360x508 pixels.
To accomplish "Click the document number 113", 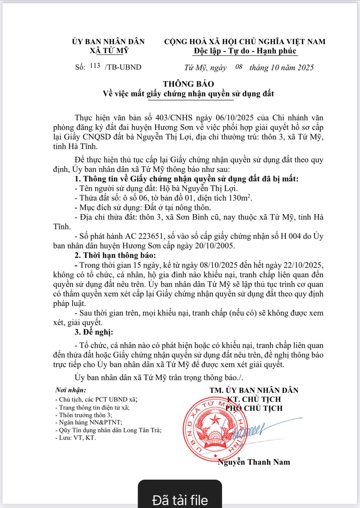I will click(95, 66).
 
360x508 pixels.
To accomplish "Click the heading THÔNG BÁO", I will click(188, 84).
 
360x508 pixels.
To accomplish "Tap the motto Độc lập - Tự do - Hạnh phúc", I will click(245, 51).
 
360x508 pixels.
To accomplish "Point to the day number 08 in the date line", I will click(238, 67).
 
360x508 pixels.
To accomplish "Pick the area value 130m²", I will click(240, 198).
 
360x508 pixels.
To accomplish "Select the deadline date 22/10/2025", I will click(303, 265).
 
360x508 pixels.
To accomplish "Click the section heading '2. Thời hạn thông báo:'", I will click(115, 256).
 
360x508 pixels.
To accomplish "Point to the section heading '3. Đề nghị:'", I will click(94, 332).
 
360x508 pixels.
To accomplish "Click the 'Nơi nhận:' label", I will click(70, 390).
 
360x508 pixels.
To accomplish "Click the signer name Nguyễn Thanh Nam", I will click(254, 462).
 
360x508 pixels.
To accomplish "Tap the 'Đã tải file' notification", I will click(180, 500).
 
